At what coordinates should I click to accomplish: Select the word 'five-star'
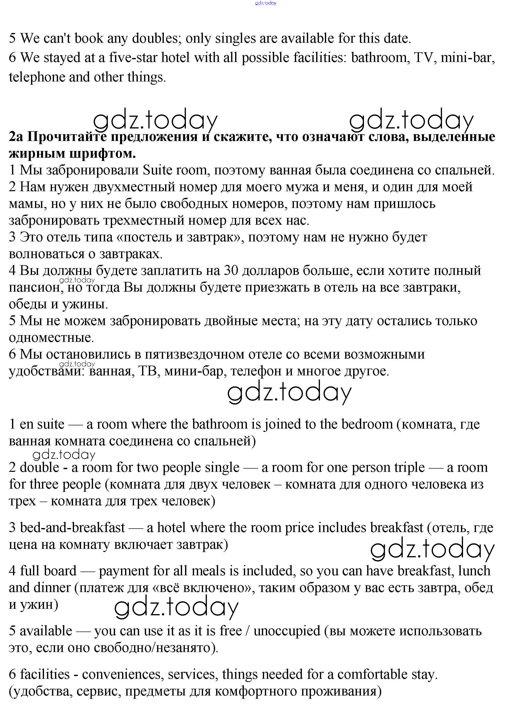[133, 58]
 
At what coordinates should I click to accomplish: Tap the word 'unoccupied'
[287, 631]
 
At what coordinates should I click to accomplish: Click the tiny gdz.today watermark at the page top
[266, 3]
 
